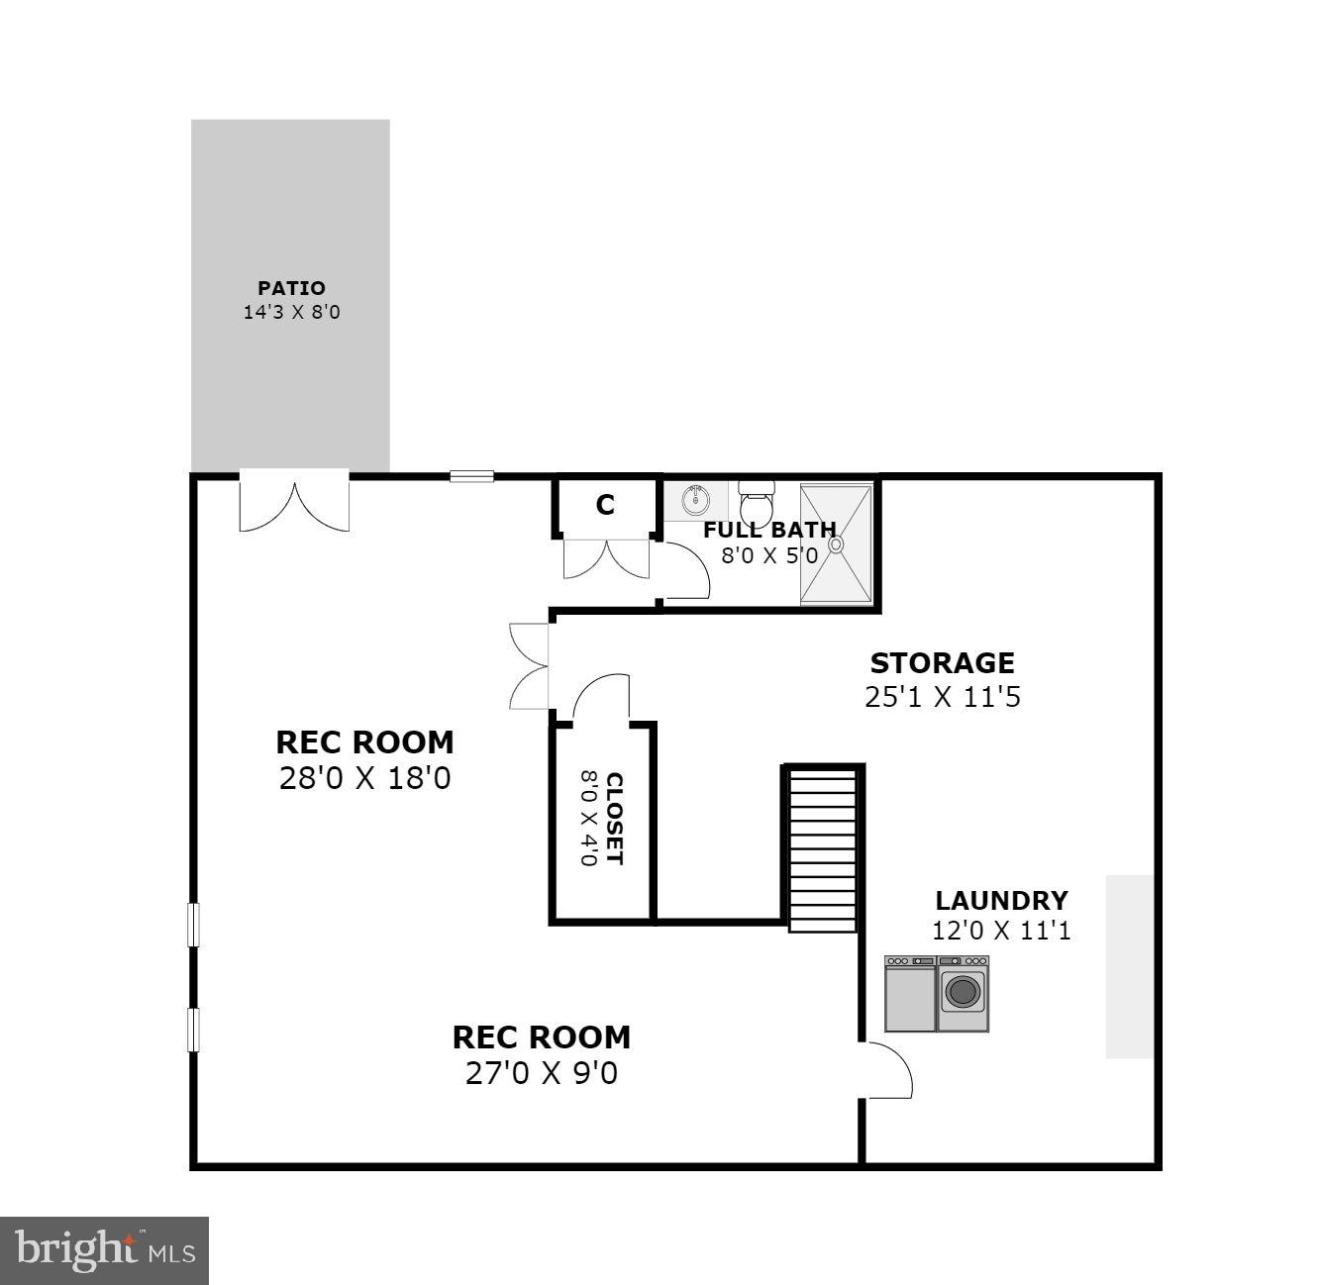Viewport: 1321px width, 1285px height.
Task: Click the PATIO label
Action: (291, 288)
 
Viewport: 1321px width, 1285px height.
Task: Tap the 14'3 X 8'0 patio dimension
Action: (291, 313)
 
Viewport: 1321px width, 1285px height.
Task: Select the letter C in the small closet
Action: (605, 505)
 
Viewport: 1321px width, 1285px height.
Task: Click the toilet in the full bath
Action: (758, 501)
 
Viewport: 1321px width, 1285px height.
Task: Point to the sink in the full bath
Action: (695, 500)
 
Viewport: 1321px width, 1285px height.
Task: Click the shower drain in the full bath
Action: (836, 543)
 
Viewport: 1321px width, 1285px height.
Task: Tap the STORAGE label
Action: (942, 662)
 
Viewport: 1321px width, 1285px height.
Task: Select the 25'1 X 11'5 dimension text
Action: (942, 697)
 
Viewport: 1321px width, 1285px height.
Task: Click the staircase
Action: (822, 849)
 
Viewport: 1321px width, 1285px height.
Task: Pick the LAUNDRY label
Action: (1001, 901)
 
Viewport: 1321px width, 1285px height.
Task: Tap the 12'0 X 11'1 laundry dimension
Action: (1001, 931)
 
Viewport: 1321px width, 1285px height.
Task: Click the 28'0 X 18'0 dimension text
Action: (364, 778)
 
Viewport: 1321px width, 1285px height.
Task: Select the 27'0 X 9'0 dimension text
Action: (541, 1072)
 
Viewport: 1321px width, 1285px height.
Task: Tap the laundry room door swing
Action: (887, 1070)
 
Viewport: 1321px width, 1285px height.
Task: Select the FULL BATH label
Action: (769, 530)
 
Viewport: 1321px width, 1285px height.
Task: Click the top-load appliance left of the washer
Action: (910, 994)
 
